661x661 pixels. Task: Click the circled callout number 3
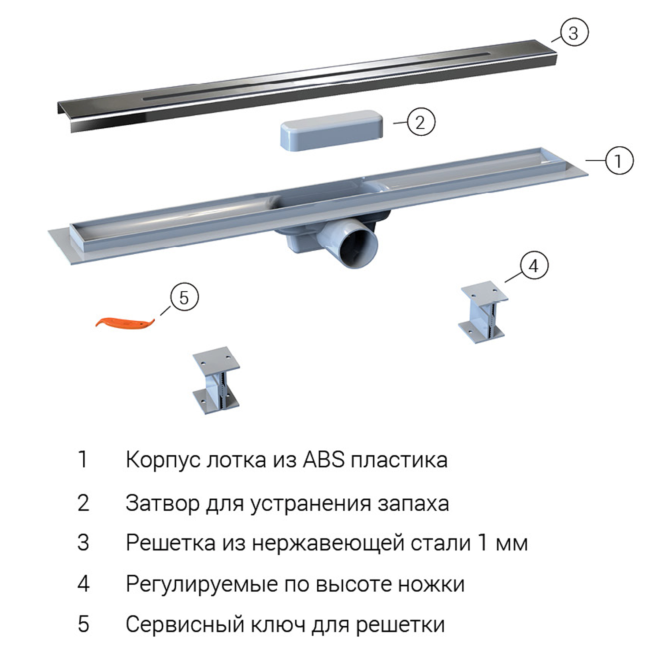coord(574,33)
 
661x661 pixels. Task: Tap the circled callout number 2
coord(420,122)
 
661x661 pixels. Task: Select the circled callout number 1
coord(619,160)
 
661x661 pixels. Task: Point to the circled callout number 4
coord(534,266)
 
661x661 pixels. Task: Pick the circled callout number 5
coord(184,297)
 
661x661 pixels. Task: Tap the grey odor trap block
coord(331,130)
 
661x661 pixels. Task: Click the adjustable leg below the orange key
coord(216,380)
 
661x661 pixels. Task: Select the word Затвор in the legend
coord(162,503)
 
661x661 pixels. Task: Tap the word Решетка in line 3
coord(171,543)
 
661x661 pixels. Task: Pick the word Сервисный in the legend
coord(185,625)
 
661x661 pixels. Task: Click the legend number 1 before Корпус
coord(82,460)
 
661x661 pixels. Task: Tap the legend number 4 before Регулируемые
coord(83,584)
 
